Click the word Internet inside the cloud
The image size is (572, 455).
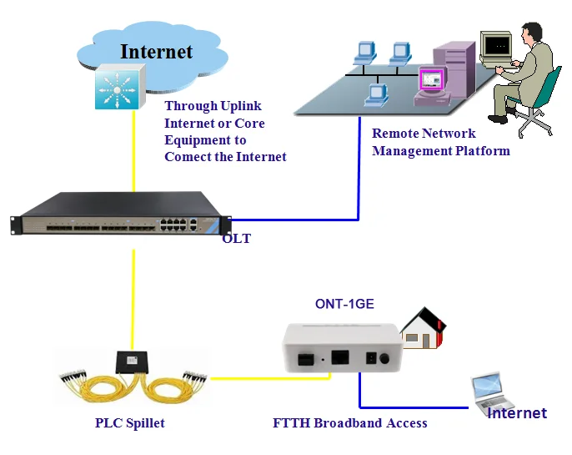[x=156, y=51]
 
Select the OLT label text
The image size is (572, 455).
[x=236, y=239]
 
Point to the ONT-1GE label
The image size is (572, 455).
[x=344, y=304]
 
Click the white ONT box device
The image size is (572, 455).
[x=338, y=348]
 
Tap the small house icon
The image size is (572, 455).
[x=423, y=328]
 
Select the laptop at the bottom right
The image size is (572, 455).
[x=493, y=392]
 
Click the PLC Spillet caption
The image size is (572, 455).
[x=129, y=423]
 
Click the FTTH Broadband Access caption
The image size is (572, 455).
[x=349, y=423]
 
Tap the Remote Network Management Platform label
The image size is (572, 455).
[x=440, y=142]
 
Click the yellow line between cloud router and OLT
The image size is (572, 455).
[x=133, y=150]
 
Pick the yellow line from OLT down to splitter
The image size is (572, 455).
[x=133, y=292]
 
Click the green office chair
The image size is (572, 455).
[x=542, y=100]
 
